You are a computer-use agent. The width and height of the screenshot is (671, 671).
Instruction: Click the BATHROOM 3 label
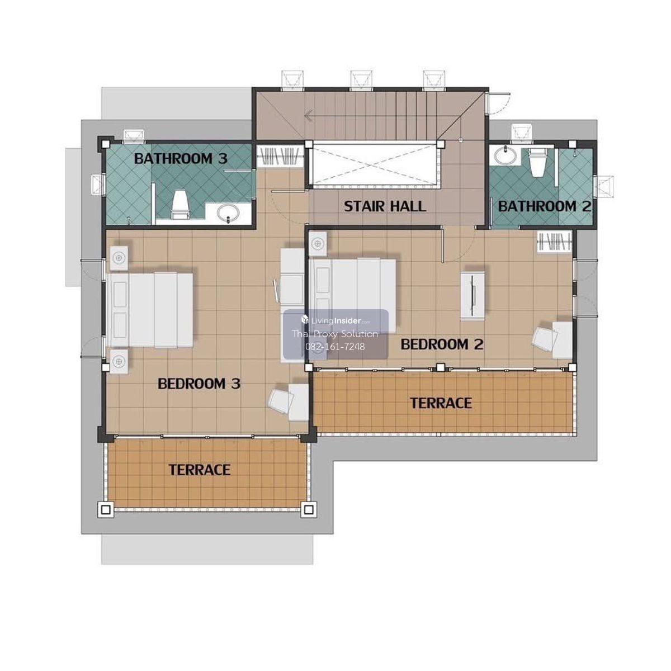181,159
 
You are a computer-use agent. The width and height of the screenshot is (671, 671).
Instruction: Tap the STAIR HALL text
385,206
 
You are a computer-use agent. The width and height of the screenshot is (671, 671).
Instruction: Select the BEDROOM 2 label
442,344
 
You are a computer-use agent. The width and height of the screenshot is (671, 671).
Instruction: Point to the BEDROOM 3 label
199,384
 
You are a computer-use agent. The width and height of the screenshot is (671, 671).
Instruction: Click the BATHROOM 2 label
545,206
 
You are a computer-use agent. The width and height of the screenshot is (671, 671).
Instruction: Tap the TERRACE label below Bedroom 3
200,470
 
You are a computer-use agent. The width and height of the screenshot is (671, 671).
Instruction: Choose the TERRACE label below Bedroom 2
441,403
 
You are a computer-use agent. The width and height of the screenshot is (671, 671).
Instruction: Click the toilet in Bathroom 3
181,204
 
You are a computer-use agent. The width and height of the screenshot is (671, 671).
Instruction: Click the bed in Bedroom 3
150,310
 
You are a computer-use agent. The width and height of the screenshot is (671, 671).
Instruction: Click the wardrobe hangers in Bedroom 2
555,242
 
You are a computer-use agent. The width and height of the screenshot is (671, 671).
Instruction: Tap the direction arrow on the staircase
309,116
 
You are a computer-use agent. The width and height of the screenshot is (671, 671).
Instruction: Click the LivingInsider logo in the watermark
335,320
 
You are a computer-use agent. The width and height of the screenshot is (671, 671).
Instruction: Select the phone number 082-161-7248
335,347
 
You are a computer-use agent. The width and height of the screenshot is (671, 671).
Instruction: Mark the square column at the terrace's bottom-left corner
106,510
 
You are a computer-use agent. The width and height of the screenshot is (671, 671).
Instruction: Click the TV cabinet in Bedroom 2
472,295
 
